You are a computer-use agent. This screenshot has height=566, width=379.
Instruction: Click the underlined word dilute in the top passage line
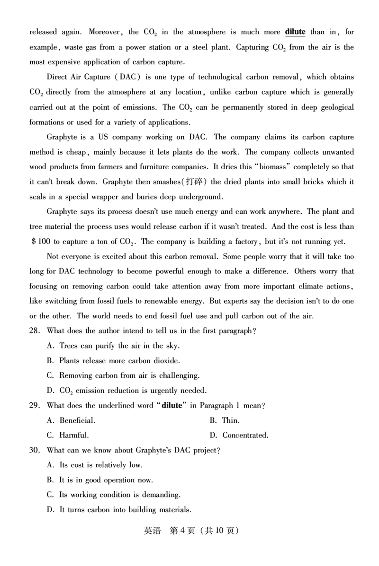[295, 32]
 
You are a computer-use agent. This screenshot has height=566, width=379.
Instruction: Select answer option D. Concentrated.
[239, 435]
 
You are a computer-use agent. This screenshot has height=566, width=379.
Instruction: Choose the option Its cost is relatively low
[95, 465]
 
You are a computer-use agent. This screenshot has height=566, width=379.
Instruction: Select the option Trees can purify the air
[113, 346]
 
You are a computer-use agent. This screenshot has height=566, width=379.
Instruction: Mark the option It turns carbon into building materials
[119, 510]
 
